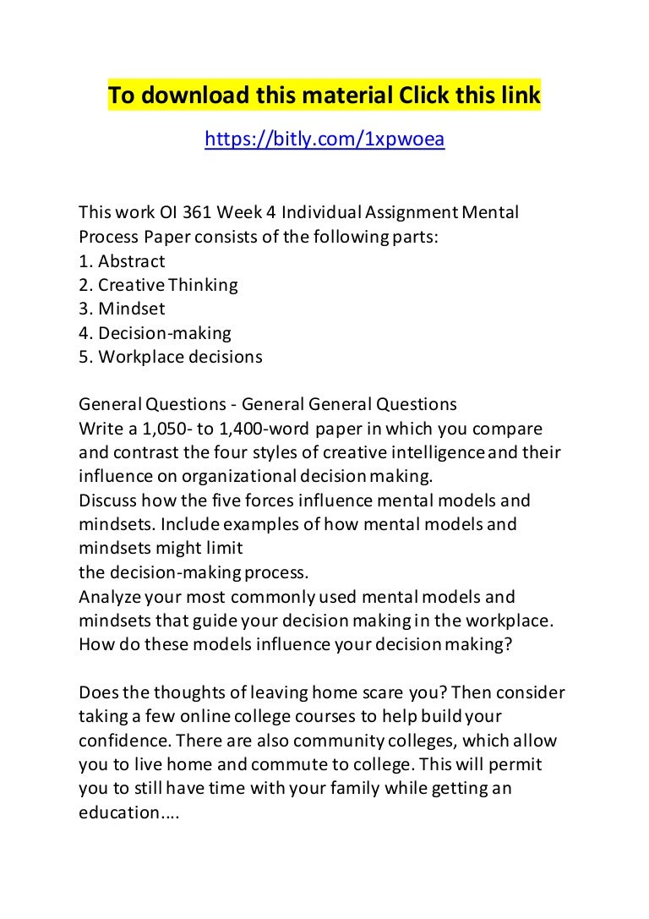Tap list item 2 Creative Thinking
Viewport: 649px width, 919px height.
pyautogui.click(x=158, y=285)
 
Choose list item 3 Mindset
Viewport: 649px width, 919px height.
pyautogui.click(x=122, y=309)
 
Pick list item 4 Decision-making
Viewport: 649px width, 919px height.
pyautogui.click(x=155, y=333)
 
